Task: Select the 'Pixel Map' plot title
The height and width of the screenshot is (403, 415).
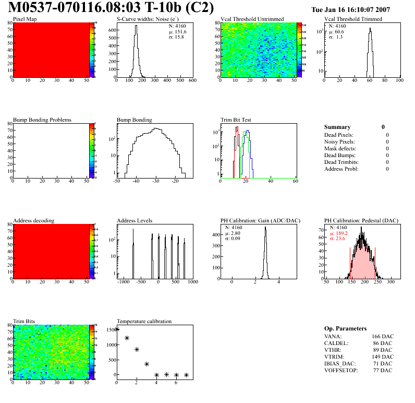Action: click(x=25, y=19)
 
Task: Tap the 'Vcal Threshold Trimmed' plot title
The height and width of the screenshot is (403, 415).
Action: click(x=353, y=19)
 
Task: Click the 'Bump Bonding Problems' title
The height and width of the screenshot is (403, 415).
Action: click(x=42, y=120)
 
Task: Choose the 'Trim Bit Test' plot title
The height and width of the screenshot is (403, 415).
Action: click(x=236, y=120)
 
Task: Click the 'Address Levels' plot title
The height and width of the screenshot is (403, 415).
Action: click(x=135, y=221)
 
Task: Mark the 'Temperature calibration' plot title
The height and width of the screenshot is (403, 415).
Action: click(x=144, y=322)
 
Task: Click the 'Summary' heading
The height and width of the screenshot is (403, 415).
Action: click(x=337, y=127)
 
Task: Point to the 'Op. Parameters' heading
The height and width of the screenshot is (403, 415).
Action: click(x=345, y=328)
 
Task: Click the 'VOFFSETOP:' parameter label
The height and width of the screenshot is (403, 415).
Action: click(x=342, y=370)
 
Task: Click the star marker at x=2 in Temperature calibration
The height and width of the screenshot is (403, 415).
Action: click(x=137, y=350)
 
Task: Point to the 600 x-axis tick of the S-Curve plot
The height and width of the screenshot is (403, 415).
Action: click(x=192, y=81)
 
